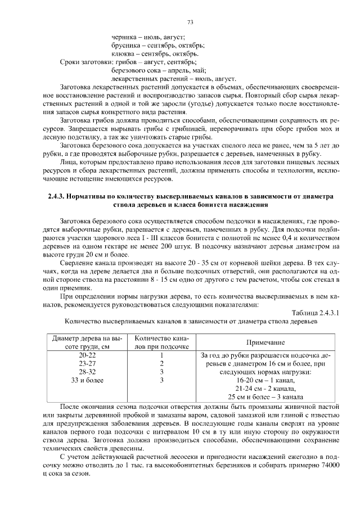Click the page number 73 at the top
click(x=190, y=22)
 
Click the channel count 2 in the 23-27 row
click(x=161, y=364)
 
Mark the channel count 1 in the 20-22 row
click(x=161, y=356)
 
